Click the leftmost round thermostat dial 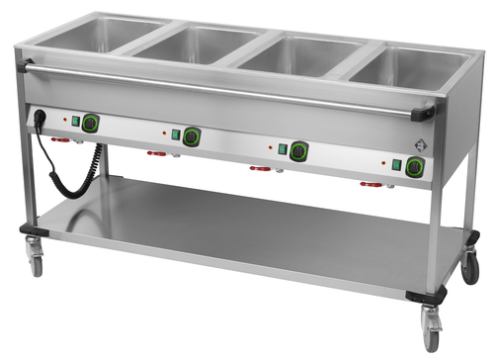pyautogui.click(x=90, y=123)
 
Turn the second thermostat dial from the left pyautogui.click(x=191, y=136)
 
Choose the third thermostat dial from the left pyautogui.click(x=297, y=151)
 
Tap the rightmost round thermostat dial pyautogui.click(x=412, y=167)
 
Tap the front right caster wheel pyautogui.click(x=431, y=328)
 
